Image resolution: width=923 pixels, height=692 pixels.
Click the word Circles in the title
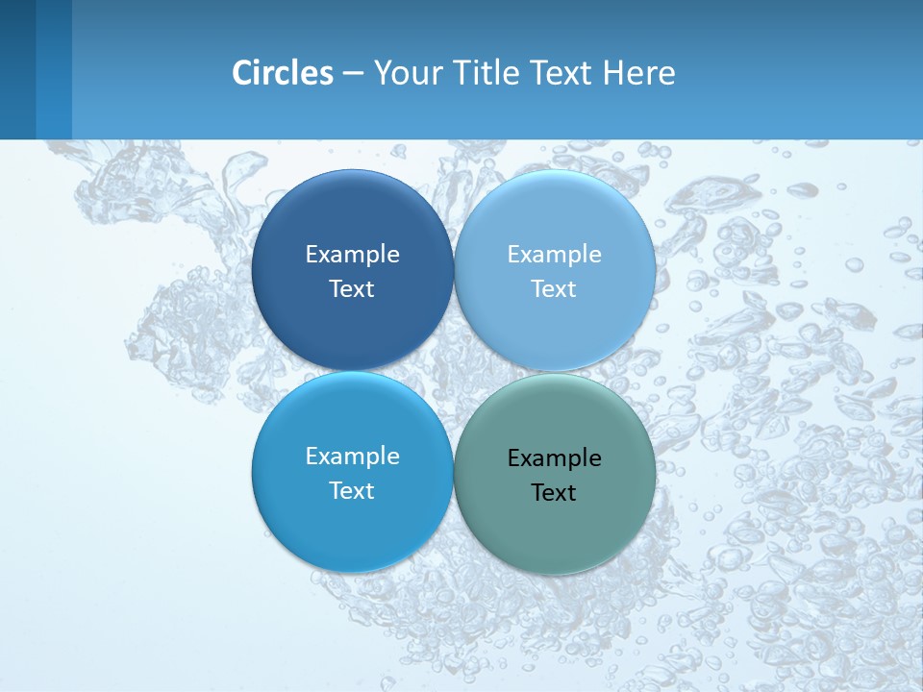tap(283, 72)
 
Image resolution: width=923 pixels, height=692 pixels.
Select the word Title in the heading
tap(486, 72)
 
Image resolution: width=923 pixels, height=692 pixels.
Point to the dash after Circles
tap(353, 73)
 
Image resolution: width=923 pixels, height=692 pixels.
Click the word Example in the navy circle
tap(352, 255)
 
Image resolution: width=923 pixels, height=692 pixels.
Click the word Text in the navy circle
tap(352, 289)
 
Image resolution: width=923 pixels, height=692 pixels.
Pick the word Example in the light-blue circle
tap(554, 255)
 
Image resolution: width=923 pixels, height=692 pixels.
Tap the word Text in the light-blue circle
tap(554, 289)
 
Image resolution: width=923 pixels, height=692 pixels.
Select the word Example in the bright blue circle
tap(352, 457)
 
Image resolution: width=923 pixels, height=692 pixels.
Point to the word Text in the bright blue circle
tap(352, 491)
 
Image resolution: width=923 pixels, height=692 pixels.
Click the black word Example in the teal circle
tap(554, 458)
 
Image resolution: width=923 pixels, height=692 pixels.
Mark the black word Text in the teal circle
tap(554, 493)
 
